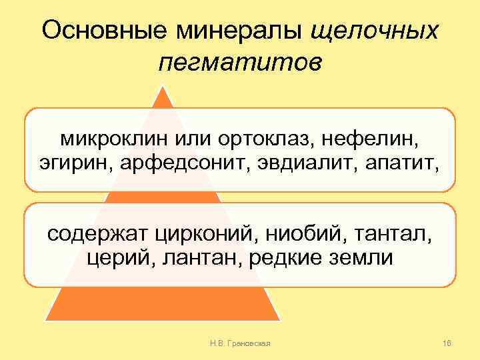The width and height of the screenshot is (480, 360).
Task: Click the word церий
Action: point(115,257)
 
